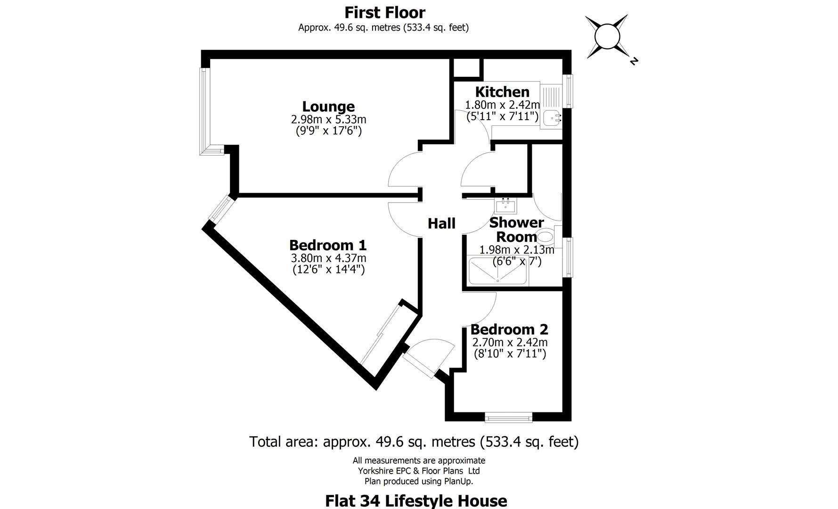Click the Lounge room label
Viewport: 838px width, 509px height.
pyautogui.click(x=328, y=107)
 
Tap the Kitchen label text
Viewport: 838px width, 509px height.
pyautogui.click(x=502, y=91)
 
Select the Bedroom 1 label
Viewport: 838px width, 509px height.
pyautogui.click(x=328, y=245)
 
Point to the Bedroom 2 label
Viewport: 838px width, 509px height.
pyautogui.click(x=509, y=329)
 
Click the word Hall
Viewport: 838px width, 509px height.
pyautogui.click(x=441, y=223)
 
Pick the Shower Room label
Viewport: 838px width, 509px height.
pyautogui.click(x=516, y=230)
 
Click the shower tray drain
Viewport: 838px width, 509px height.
pyautogui.click(x=497, y=279)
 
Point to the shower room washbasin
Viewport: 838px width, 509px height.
pyautogui.click(x=505, y=205)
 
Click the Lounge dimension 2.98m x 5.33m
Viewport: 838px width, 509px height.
pyautogui.click(x=328, y=119)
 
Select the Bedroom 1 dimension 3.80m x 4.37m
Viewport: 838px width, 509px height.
pyautogui.click(x=328, y=258)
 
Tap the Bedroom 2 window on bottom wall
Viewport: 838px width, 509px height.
pyautogui.click(x=508, y=417)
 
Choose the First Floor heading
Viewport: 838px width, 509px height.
pyautogui.click(x=384, y=12)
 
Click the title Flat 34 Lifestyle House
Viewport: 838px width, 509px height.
pyautogui.click(x=416, y=500)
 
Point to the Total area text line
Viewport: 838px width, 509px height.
pyautogui.click(x=414, y=442)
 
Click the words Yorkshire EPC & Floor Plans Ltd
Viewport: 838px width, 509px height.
pyautogui.click(x=419, y=471)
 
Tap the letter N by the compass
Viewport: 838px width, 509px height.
pyautogui.click(x=634, y=61)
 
